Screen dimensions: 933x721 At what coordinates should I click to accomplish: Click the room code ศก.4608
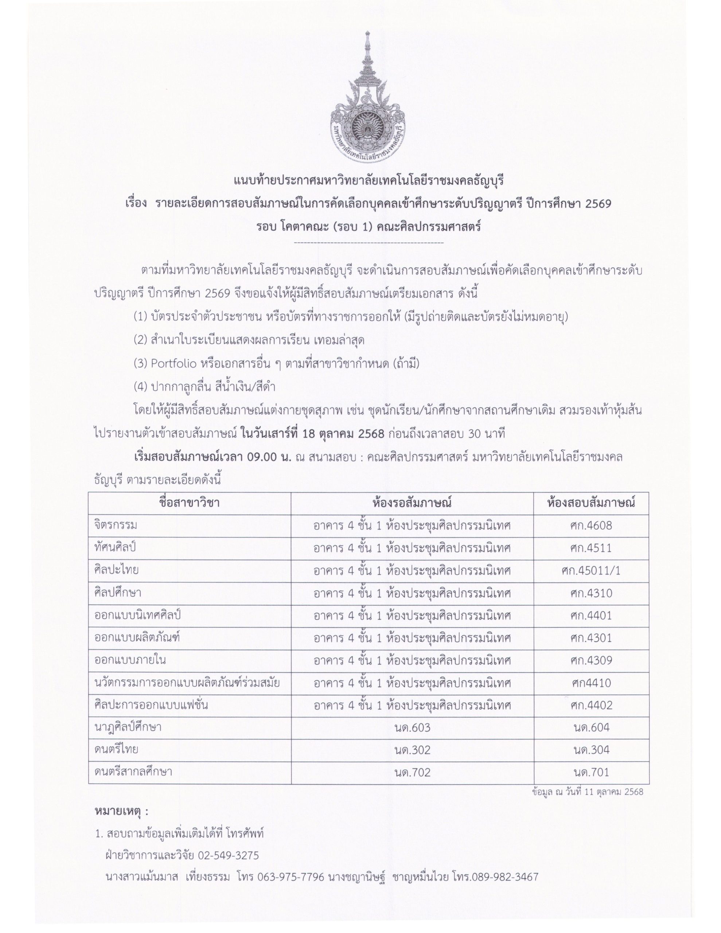tap(591, 526)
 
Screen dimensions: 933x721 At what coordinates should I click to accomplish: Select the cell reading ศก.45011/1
tap(591, 570)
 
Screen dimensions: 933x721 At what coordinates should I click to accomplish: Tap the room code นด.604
tap(591, 727)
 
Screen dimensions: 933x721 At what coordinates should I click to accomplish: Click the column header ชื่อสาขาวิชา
tap(189, 503)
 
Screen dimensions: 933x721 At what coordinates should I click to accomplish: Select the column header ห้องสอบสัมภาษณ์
tap(591, 503)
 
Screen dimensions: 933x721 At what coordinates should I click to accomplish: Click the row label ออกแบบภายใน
tap(130, 660)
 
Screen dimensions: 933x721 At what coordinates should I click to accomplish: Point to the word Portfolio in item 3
tap(174, 364)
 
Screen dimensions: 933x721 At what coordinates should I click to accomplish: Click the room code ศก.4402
tap(591, 705)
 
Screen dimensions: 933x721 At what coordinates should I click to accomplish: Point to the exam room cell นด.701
tap(591, 772)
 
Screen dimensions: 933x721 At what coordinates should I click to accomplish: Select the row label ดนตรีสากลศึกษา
tap(133, 772)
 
